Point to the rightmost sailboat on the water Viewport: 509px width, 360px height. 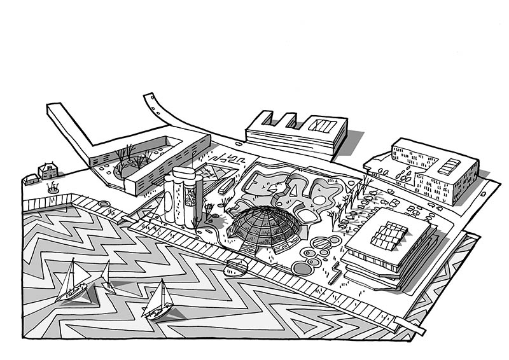[158, 302]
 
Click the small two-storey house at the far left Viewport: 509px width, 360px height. [48, 170]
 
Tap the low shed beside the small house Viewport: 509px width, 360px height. [30, 179]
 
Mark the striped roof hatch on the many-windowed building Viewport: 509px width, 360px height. [449, 167]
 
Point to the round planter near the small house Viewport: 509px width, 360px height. [52, 188]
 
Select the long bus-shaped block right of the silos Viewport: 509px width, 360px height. [227, 185]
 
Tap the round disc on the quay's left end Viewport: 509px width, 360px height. [104, 204]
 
